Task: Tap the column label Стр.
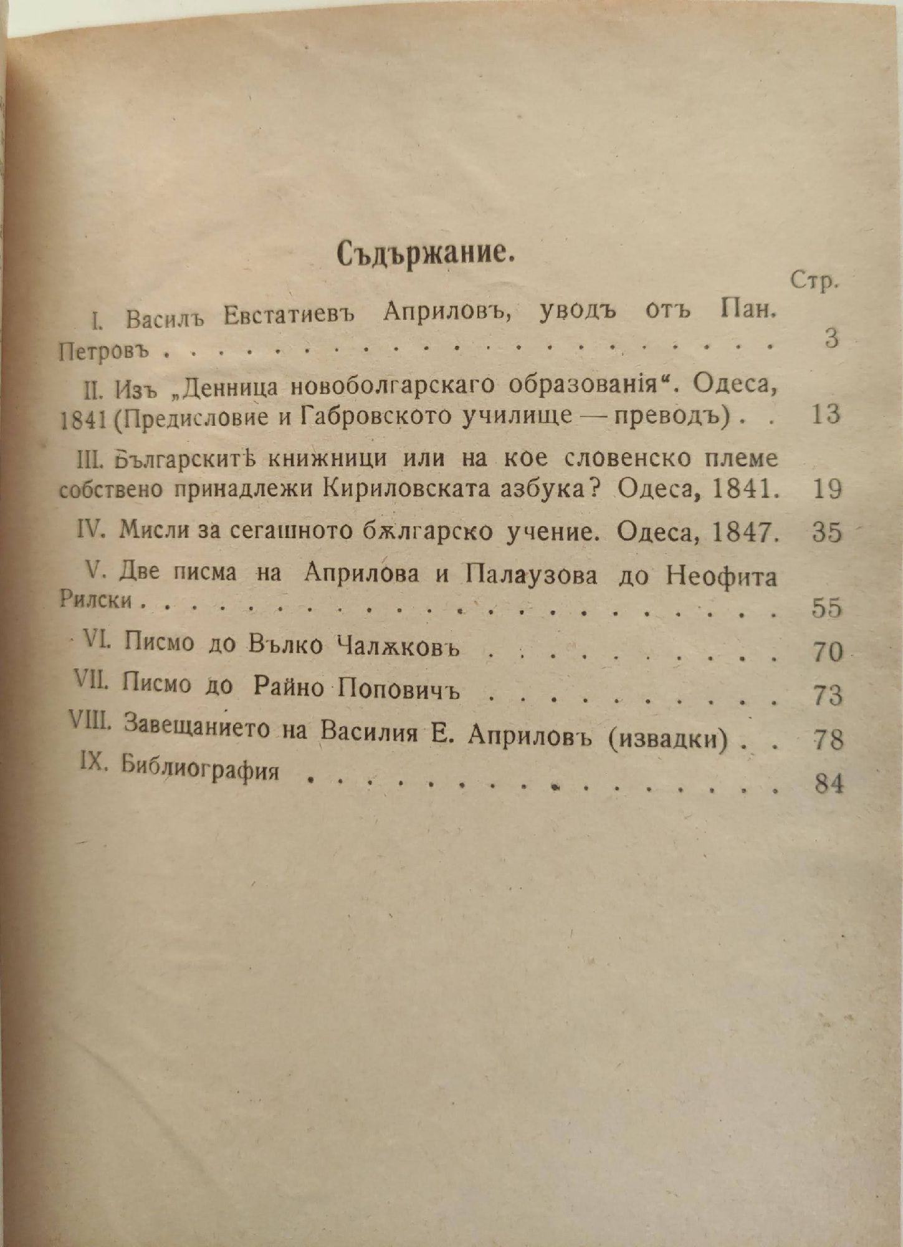[813, 282]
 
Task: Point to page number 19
[828, 489]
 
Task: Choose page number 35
[827, 533]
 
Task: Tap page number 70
[828, 652]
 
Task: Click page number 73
[828, 696]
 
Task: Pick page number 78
[828, 740]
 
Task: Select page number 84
[829, 784]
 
